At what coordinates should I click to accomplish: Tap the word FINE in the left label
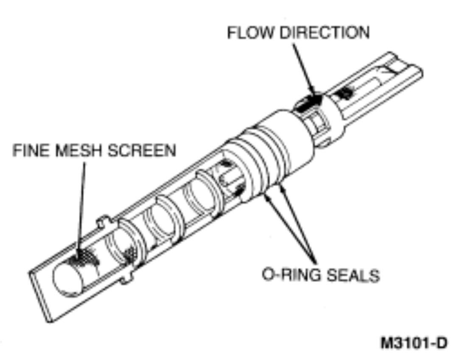pos(26,151)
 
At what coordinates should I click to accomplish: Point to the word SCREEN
pos(141,151)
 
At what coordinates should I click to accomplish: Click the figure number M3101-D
pos(413,342)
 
